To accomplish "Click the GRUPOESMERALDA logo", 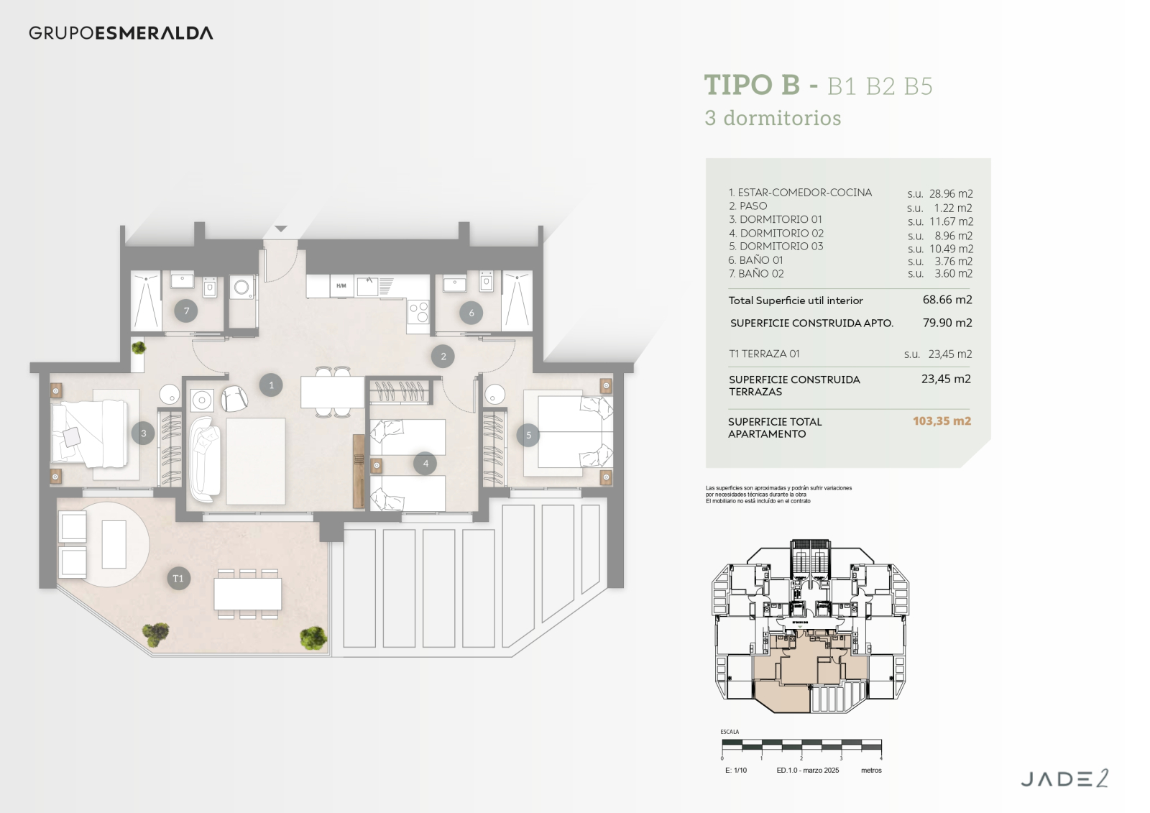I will point(121,33).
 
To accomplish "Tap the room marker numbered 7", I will point(186,311).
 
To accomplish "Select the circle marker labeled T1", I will point(178,579).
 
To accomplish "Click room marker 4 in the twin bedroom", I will point(425,464).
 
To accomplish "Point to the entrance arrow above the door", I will point(281,229).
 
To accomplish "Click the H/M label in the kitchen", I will point(341,286).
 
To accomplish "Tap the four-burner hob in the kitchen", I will point(418,312).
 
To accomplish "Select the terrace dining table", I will point(248,594).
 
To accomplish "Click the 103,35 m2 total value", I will point(942,421).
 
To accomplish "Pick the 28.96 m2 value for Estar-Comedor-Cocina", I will point(950,193).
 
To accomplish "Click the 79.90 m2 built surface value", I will point(947,323).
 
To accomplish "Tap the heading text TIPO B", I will point(752,85).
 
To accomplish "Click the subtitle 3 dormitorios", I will point(773,118).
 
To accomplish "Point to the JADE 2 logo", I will point(1064,778).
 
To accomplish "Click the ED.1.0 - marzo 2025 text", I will point(807,771).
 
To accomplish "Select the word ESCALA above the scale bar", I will point(730,732).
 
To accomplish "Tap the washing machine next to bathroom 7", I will point(242,288).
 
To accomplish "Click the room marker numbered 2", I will point(443,357).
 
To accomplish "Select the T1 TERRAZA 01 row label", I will point(764,354).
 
